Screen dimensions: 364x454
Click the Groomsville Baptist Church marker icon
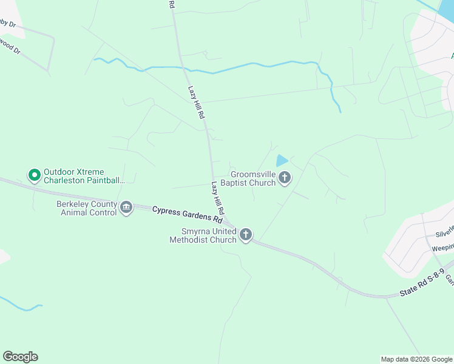click(284, 178)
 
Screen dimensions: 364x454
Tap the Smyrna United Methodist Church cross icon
click(246, 235)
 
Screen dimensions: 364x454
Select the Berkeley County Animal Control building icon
click(126, 207)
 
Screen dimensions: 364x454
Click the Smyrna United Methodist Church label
click(203, 235)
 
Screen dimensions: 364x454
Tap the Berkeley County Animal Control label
click(86, 208)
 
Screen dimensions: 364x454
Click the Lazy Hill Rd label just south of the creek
click(195, 101)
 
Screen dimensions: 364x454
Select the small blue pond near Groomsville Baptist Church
click(282, 161)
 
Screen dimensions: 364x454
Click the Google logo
click(20, 357)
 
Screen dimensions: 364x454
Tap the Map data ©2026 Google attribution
click(416, 359)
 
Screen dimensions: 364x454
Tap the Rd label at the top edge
click(172, 4)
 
